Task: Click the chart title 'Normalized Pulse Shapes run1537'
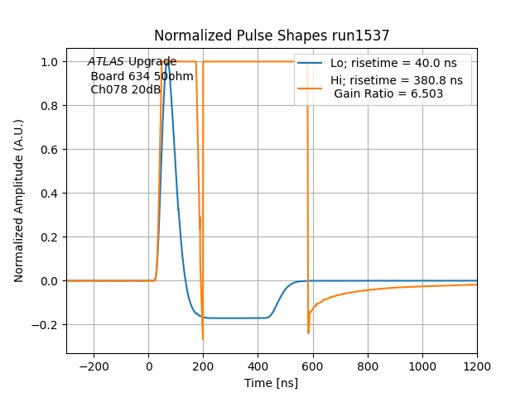(x=272, y=36)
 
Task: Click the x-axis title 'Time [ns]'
(x=272, y=383)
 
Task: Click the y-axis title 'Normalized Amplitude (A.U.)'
(x=19, y=201)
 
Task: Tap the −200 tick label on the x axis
(x=94, y=366)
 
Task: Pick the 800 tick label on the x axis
(x=368, y=366)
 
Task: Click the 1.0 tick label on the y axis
(x=51, y=62)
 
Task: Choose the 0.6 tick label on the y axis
(x=51, y=150)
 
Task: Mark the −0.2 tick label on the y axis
(x=47, y=325)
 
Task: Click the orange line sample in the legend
(x=310, y=81)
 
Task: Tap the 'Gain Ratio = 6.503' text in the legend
(x=388, y=93)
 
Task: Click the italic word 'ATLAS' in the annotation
(x=106, y=62)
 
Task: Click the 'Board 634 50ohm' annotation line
(x=142, y=76)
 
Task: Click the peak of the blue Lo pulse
(x=167, y=62)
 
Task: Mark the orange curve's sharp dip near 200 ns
(x=202, y=338)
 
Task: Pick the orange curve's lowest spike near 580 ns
(x=308, y=332)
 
